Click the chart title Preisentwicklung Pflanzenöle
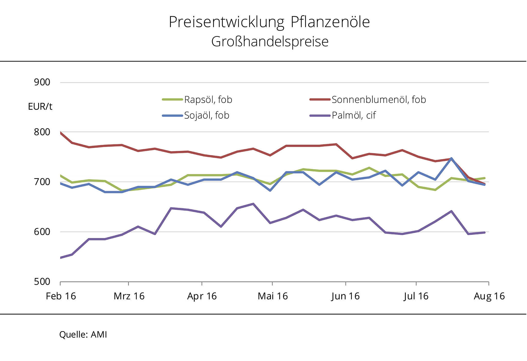click(269, 22)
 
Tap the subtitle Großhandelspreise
click(270, 42)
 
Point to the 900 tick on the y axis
click(42, 82)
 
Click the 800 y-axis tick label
click(42, 132)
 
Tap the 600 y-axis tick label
click(42, 232)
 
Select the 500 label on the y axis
click(42, 282)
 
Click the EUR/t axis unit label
click(40, 106)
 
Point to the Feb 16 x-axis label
click(61, 296)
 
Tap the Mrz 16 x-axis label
click(129, 296)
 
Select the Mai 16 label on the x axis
click(273, 296)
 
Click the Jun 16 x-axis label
click(345, 296)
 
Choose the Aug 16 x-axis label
click(489, 296)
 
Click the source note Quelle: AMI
click(83, 334)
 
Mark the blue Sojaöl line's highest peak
click(451, 158)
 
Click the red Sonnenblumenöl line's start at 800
click(60, 133)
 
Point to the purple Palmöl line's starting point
click(60, 258)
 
